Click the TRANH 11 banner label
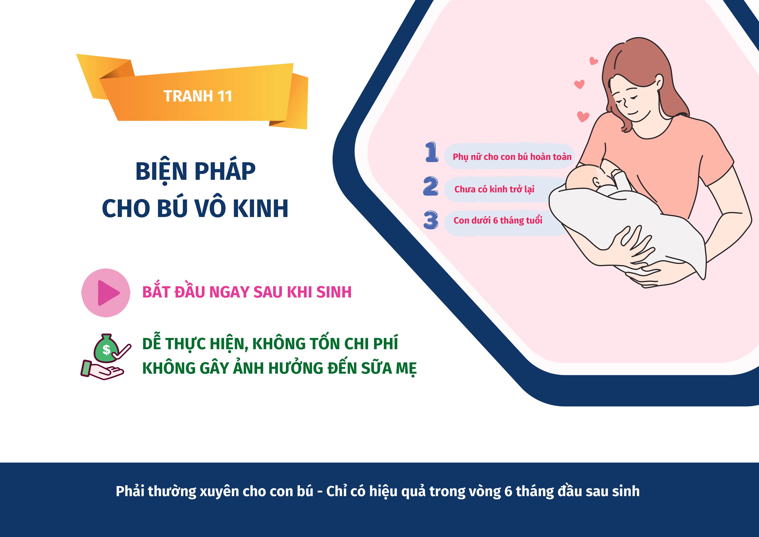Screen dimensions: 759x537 (x=198, y=96)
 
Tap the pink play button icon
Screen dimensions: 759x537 (x=106, y=293)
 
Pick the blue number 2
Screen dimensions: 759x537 (x=431, y=186)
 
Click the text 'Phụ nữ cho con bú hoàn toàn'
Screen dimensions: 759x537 (x=512, y=157)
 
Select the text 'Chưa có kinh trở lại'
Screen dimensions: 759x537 (x=494, y=189)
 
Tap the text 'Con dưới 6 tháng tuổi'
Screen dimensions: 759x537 (x=498, y=220)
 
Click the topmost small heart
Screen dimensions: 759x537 (x=594, y=61)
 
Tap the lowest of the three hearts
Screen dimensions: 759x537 (x=583, y=117)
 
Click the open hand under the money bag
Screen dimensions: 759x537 (x=102, y=371)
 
